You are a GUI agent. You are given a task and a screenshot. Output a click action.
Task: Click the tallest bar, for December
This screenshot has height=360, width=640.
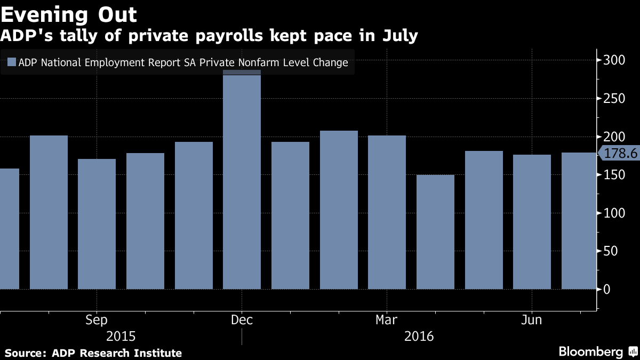point(242,181)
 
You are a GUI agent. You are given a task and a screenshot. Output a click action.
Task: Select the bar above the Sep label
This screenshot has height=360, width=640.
point(97,224)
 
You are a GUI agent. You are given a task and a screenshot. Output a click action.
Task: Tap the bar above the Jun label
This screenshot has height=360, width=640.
point(532,222)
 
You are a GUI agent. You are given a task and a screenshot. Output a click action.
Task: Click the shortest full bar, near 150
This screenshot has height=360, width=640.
point(435,232)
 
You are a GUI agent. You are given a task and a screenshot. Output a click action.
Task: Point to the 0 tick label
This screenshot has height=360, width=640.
point(607,290)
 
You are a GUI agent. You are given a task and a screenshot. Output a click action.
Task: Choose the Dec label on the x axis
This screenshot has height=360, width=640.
point(242,320)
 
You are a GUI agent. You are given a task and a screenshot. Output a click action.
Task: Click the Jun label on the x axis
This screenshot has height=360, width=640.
point(532,320)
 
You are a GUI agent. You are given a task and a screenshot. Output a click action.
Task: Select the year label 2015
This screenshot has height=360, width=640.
point(121,337)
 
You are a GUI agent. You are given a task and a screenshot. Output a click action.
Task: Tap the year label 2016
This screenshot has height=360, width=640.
point(419,337)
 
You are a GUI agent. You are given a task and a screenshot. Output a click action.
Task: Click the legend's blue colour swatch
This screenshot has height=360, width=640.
point(11,62)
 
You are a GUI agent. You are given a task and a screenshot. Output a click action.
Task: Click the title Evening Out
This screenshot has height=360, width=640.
point(69,14)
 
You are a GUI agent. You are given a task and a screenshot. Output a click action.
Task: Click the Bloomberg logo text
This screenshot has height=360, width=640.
point(590,352)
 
